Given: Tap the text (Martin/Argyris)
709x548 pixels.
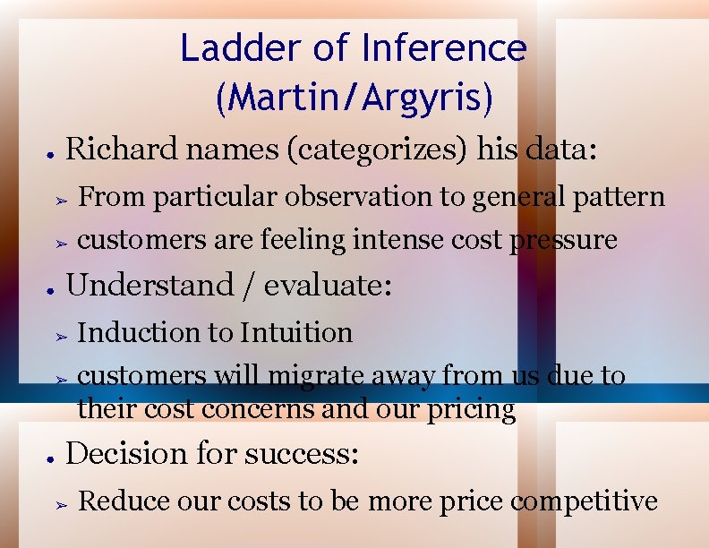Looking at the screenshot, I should click(x=354, y=98).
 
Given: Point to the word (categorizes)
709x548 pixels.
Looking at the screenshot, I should click(x=375, y=149).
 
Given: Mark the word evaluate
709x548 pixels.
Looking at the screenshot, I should click(x=328, y=286).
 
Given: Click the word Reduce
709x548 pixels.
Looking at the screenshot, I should click(x=125, y=501).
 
